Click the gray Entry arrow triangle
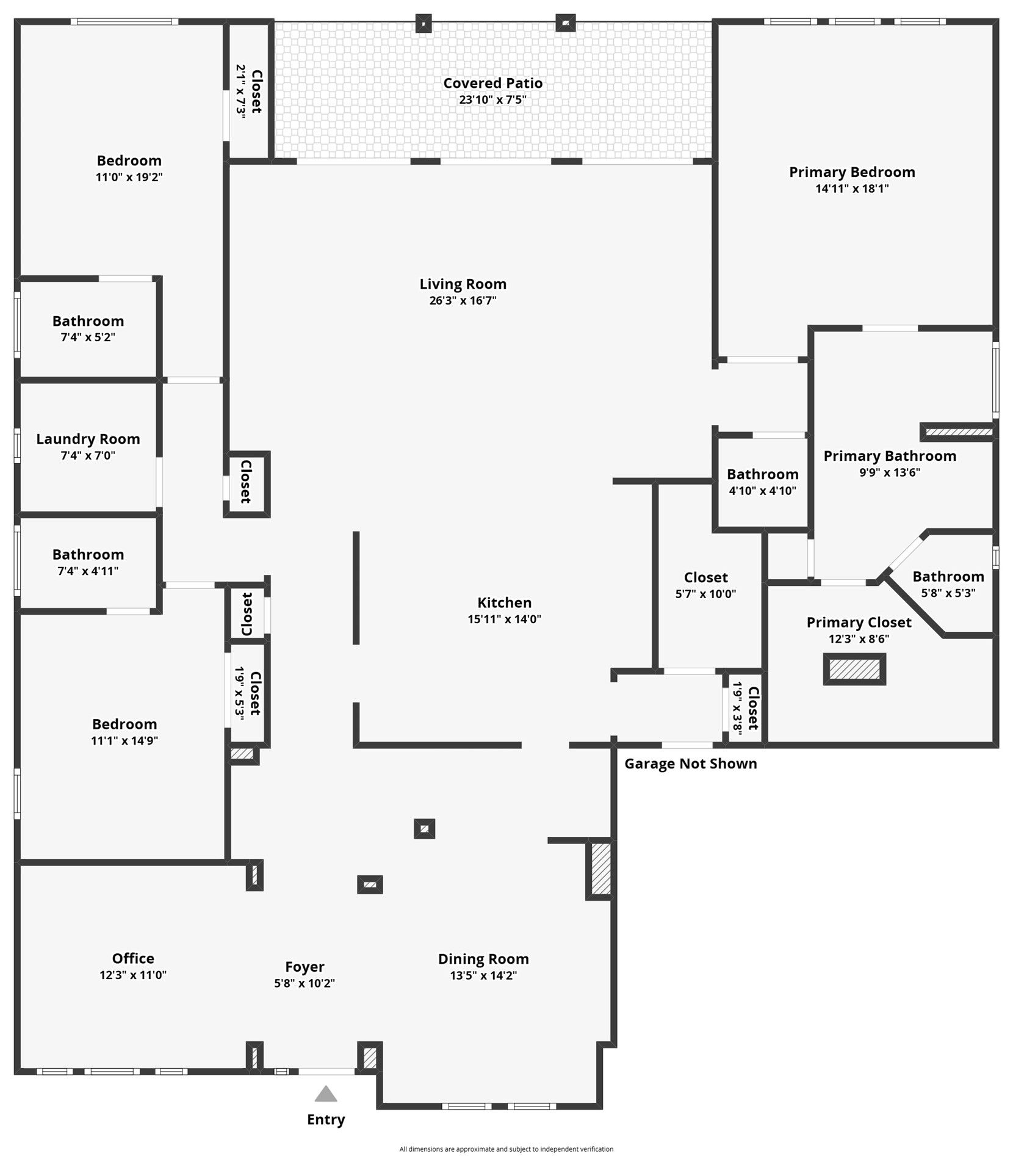click(326, 1093)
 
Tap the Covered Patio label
click(493, 83)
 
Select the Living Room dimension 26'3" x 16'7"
click(463, 300)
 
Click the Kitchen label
click(505, 602)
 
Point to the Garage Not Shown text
click(691, 764)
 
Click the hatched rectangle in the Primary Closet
click(854, 669)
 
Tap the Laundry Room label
click(88, 439)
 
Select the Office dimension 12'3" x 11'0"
click(133, 975)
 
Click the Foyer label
click(305, 967)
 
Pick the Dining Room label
click(483, 959)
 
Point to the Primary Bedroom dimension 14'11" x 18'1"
click(853, 189)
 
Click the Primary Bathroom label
click(890, 456)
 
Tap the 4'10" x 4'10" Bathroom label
click(763, 474)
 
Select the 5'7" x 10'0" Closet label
click(706, 577)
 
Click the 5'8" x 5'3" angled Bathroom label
click(948, 576)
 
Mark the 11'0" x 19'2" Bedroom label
click(129, 161)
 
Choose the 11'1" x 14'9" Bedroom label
click(124, 724)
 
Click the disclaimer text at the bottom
click(506, 1149)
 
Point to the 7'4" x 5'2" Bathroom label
click(88, 321)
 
